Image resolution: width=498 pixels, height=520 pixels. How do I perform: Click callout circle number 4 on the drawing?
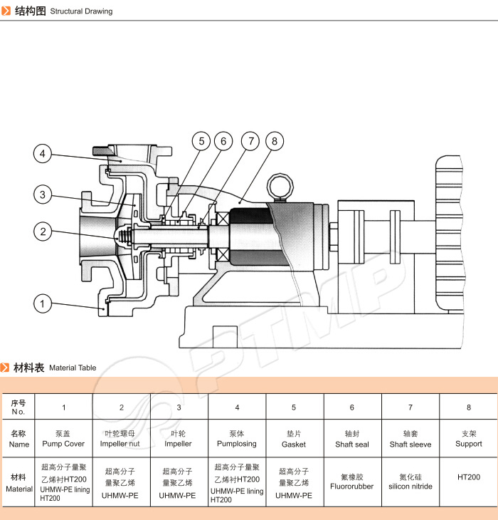[43, 153]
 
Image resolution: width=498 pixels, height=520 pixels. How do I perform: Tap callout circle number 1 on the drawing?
[43, 303]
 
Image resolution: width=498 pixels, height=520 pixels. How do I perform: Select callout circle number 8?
[274, 141]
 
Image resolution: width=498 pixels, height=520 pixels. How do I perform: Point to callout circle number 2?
[43, 231]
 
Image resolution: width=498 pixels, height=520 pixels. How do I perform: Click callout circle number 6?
[201, 141]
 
